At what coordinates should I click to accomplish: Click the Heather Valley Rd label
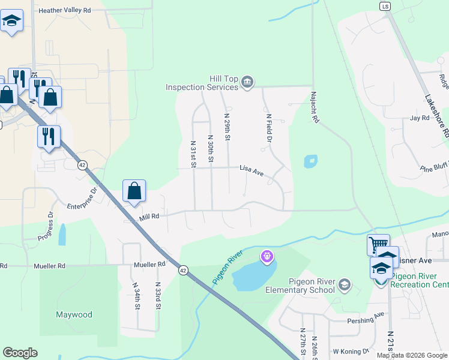[64, 10]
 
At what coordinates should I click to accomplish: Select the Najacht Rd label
[314, 107]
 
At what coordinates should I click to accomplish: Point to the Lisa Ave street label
[252, 172]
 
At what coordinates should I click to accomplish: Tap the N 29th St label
[228, 127]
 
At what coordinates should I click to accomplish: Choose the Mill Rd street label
[150, 216]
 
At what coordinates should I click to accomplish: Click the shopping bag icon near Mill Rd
[134, 191]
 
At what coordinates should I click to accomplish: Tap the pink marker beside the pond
[267, 257]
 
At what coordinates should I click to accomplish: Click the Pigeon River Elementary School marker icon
[345, 284]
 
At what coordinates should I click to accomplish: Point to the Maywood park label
[74, 314]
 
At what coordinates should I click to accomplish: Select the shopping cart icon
[378, 245]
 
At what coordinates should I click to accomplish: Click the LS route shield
[385, 5]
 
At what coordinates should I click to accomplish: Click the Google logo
[20, 353]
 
